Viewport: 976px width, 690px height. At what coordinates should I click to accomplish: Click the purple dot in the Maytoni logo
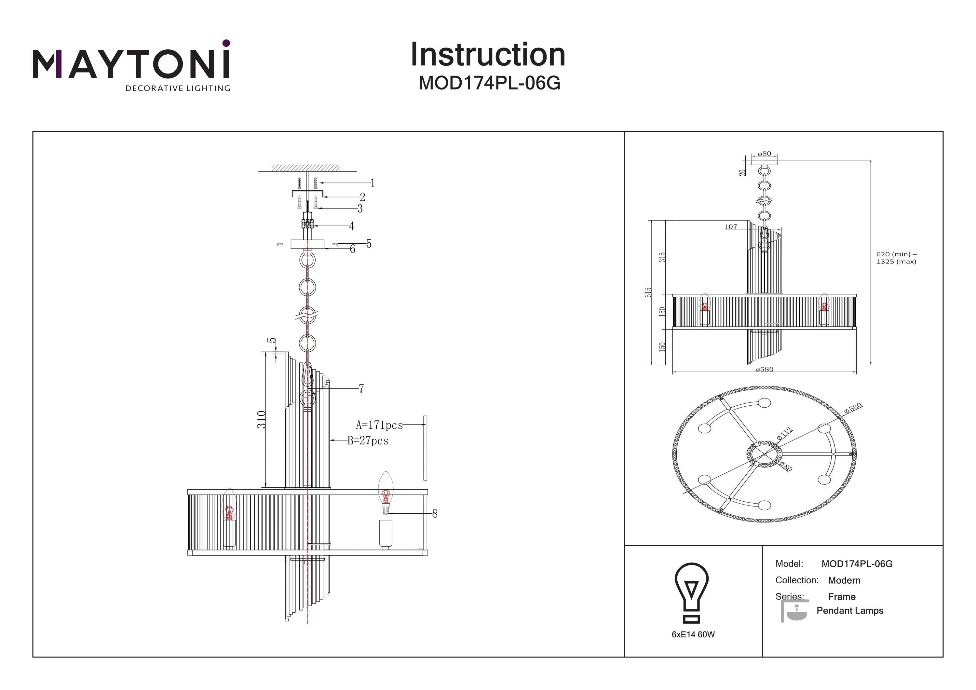coord(226,43)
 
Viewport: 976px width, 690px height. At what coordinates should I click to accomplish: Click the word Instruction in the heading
coord(488,55)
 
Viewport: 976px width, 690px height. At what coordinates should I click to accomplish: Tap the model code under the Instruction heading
coord(489,83)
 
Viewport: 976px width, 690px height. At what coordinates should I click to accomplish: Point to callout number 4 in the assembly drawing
coord(352,226)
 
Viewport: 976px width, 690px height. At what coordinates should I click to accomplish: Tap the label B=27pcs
coord(368,441)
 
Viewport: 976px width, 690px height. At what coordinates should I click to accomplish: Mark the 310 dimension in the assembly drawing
coord(262,420)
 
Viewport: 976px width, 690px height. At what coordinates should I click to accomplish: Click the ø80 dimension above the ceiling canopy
coord(764,154)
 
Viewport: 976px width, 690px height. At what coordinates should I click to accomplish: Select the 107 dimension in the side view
coord(731,227)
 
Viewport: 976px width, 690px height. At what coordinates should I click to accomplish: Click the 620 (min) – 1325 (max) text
coord(896,258)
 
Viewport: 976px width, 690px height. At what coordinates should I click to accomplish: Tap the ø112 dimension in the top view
coord(784,433)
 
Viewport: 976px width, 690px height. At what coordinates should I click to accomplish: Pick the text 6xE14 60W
coord(693,634)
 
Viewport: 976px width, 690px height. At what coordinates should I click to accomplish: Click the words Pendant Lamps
coord(850,611)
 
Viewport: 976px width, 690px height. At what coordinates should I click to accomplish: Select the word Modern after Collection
coord(844,580)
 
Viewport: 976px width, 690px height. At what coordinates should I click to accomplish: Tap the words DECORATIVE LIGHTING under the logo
coord(178,88)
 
